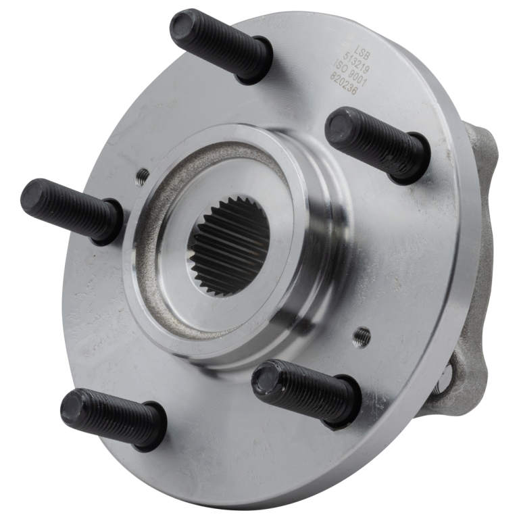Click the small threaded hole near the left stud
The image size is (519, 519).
tap(142, 176)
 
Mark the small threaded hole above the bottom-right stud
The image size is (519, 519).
tap(362, 334)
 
